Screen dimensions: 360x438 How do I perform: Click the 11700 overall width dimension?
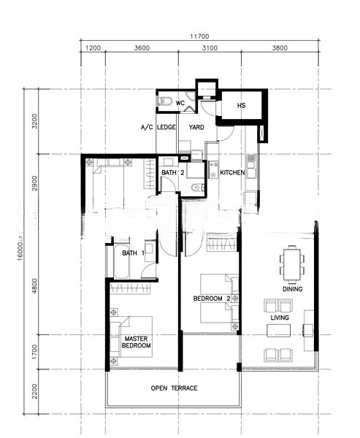199,36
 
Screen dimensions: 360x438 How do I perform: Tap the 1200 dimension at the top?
93,48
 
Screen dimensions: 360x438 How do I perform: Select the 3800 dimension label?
280,48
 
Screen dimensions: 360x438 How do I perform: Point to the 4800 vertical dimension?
34,285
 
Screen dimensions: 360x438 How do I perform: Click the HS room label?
241,105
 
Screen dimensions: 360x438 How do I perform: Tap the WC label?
180,103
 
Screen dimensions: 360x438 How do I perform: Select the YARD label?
196,127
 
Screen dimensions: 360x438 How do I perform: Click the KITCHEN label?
232,172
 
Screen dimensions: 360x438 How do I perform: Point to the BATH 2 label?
173,172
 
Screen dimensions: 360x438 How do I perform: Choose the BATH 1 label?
134,253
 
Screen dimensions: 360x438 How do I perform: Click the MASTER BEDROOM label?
136,342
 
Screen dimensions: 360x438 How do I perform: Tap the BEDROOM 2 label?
212,299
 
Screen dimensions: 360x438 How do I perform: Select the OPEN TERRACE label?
174,388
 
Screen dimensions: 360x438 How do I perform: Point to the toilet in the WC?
164,101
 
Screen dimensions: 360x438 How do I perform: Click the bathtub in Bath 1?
121,262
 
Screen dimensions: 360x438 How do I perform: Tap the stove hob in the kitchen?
214,170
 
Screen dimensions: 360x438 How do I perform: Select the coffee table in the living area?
278,331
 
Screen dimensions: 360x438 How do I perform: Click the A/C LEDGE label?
158,127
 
